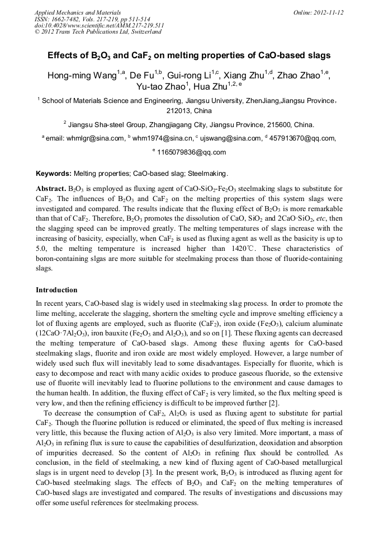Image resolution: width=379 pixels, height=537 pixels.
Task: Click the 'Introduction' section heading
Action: click(56, 290)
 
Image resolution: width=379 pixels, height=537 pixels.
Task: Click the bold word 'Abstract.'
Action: click(51, 189)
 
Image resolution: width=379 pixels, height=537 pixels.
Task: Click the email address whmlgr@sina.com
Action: click(98, 139)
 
